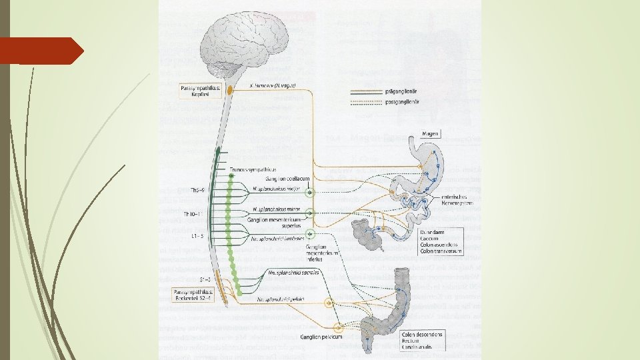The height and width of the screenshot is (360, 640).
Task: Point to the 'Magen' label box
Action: [431, 134]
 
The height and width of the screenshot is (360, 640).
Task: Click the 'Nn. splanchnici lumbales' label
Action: [277, 237]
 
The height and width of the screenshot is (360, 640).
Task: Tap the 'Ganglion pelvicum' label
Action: [321, 337]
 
